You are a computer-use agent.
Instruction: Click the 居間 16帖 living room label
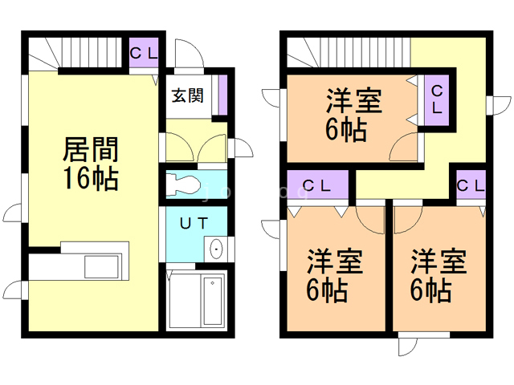click(92, 164)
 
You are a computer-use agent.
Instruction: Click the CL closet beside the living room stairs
click(145, 53)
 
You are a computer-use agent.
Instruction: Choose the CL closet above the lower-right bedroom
click(470, 185)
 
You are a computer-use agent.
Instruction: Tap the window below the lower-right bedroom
click(407, 342)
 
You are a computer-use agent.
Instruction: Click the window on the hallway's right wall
click(500, 105)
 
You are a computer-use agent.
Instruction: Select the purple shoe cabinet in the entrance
click(223, 92)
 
